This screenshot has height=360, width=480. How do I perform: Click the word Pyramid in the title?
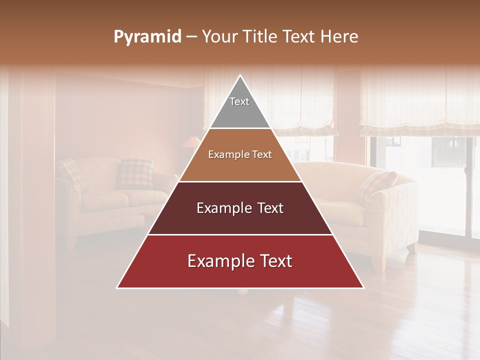tap(147, 37)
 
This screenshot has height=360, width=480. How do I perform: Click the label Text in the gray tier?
tap(239, 101)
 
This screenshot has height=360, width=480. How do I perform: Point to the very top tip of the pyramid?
tap(240, 75)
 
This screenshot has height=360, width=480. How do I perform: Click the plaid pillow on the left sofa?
tap(135, 173)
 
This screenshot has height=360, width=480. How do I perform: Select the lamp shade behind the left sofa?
tap(190, 142)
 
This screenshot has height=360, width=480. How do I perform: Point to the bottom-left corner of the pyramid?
tap(117, 287)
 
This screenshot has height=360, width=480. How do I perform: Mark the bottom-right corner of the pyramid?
tap(363, 287)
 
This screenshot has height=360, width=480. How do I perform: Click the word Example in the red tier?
tap(218, 261)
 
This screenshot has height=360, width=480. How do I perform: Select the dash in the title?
tap(191, 37)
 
